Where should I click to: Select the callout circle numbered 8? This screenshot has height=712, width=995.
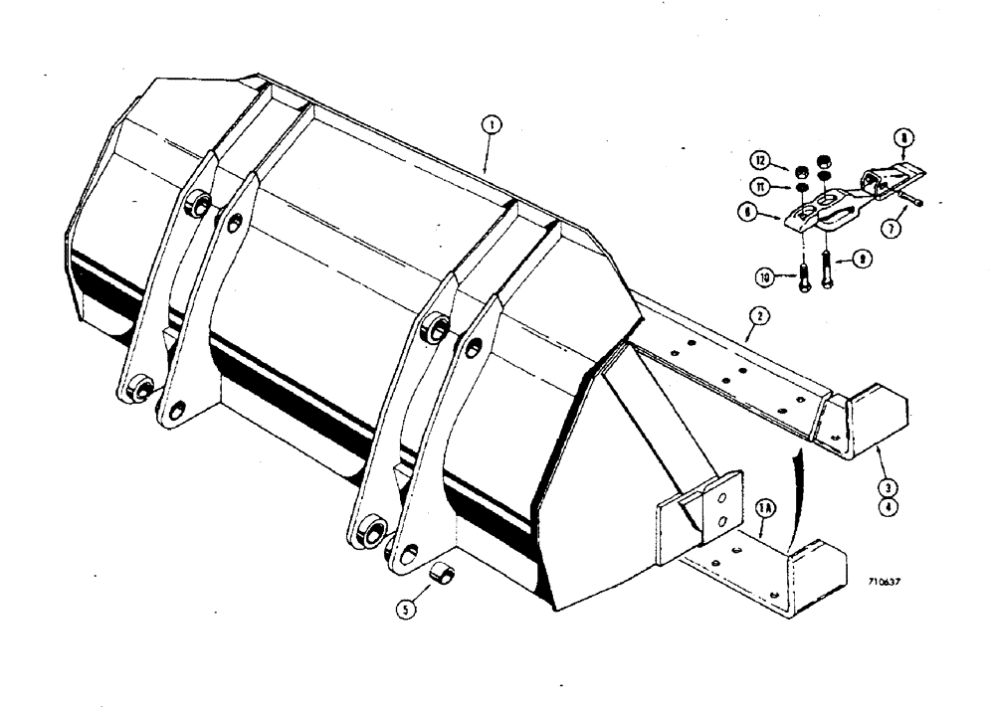(x=903, y=139)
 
